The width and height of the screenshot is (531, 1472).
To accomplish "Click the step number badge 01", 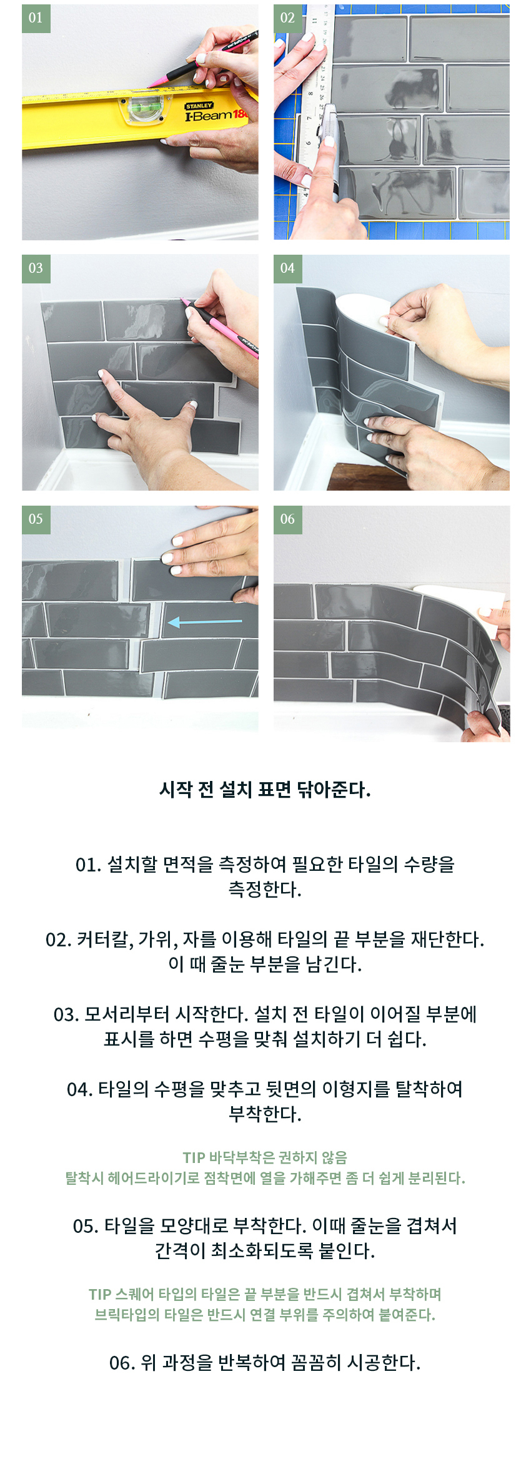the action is (36, 18).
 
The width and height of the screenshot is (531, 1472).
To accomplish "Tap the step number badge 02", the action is (287, 18).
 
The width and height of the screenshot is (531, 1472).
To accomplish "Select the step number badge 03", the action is (36, 268).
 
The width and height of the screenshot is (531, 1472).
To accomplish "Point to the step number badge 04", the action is (287, 268).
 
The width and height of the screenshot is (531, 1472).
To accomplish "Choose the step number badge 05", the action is (36, 519).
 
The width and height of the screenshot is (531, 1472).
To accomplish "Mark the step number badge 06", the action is (287, 519).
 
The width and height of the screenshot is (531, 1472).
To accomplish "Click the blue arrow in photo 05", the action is (205, 622).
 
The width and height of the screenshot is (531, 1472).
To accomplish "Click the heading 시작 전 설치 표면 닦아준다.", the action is (265, 790).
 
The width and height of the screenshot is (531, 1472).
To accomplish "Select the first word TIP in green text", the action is (194, 1158).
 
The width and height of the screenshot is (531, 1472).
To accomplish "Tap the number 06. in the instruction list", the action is (122, 1363).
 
